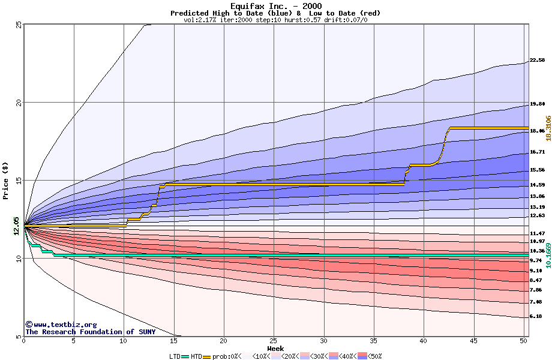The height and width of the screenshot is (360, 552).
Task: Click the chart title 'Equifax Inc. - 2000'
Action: (x=275, y=6)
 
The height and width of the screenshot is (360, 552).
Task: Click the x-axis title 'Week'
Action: (x=275, y=348)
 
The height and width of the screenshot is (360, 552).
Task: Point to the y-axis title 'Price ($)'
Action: (x=5, y=181)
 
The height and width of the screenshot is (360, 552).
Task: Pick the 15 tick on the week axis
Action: (x=173, y=341)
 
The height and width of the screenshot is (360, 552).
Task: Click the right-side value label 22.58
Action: (x=537, y=60)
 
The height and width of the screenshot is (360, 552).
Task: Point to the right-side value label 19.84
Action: (x=537, y=104)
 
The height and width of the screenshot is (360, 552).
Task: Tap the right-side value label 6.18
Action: (x=535, y=316)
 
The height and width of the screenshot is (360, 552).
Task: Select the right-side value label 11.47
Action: (x=537, y=233)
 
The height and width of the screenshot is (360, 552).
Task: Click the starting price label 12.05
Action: (x=17, y=227)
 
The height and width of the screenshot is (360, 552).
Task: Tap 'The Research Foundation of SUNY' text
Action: (x=90, y=332)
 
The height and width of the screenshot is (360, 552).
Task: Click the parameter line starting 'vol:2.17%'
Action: (x=275, y=20)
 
